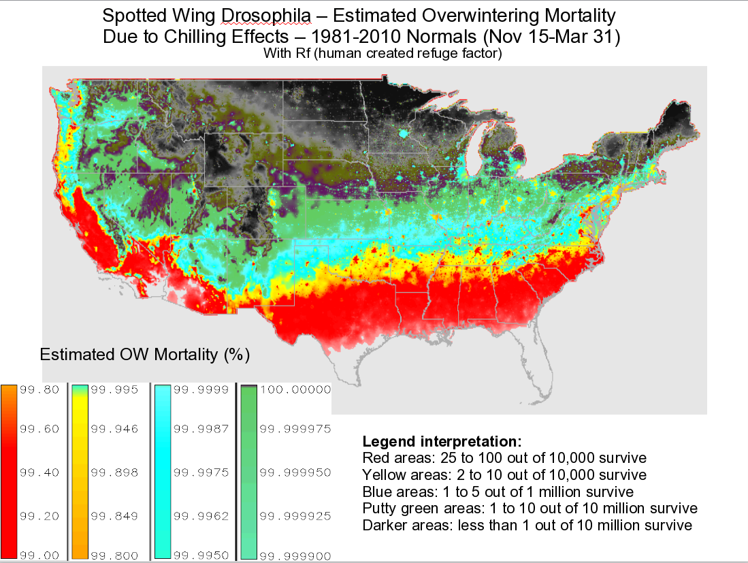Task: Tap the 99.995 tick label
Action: click(x=115, y=389)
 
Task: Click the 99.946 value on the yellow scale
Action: click(x=115, y=429)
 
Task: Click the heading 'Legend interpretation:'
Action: click(x=442, y=441)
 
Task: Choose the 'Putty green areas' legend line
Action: click(x=530, y=509)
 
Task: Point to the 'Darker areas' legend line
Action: click(x=527, y=526)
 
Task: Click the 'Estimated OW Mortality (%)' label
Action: click(x=145, y=355)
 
